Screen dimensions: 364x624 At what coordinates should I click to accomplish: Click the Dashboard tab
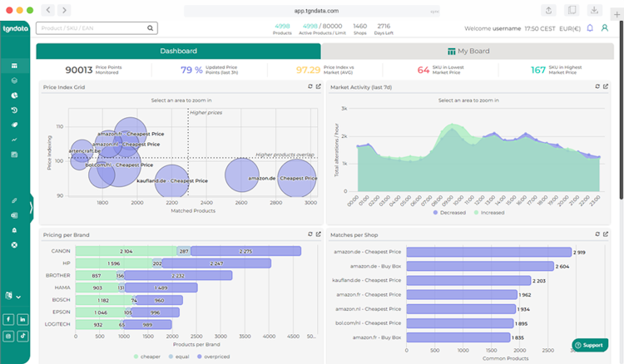coord(179,52)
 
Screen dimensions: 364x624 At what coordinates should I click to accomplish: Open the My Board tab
coord(468,52)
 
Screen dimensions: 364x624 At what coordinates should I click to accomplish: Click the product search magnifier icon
coord(151,27)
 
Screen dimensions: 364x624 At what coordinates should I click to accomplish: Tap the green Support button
coord(589,345)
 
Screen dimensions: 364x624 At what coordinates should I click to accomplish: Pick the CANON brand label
coord(59,250)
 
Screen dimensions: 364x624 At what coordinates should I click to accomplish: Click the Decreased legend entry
coord(450,213)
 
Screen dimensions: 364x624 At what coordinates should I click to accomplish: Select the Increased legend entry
coord(488,213)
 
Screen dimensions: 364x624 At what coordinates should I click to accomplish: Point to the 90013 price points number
coord(79,71)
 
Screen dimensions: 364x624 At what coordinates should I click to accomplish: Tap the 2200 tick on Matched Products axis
coord(172,202)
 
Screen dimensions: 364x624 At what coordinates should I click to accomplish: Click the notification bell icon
coord(590,27)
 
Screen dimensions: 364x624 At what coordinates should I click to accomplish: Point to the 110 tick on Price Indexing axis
coord(59,126)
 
